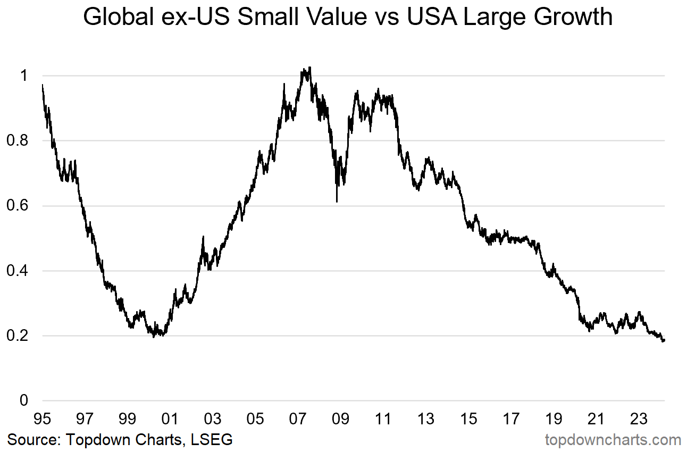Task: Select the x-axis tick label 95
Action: coord(42,419)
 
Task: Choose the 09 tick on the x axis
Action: coord(340,419)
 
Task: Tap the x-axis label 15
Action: coord(468,419)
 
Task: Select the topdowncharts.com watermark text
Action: coord(613,440)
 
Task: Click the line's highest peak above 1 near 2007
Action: coord(310,68)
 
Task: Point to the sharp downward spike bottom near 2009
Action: coord(337,202)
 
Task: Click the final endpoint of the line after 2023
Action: coord(664,340)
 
